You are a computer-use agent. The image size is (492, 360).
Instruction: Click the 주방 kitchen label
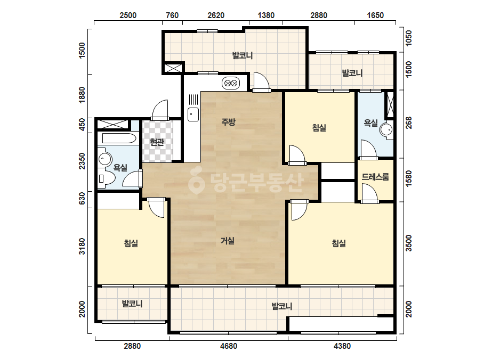228,121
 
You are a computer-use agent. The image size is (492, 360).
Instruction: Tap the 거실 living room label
228,241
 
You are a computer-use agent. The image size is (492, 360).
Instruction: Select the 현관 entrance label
157,142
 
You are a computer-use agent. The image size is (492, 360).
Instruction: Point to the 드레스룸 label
375,177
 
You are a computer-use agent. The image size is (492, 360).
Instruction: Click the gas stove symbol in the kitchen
231,83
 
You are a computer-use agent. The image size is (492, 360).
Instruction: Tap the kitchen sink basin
193,114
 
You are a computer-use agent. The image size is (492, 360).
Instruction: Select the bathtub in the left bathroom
117,138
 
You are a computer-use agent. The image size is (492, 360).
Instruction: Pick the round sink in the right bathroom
386,129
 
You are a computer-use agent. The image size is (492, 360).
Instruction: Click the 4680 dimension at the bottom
229,346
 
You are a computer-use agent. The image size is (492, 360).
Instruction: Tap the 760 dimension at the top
172,15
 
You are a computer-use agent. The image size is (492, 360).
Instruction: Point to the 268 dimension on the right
408,122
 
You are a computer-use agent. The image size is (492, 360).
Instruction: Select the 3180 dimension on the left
82,247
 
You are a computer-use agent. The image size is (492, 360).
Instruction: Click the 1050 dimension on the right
408,38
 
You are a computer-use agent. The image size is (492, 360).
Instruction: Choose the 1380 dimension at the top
266,15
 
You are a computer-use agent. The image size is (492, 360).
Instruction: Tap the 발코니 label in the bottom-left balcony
132,304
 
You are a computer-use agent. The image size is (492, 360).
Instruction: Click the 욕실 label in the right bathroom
370,123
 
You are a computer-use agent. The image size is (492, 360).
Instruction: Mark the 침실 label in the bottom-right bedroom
339,243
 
